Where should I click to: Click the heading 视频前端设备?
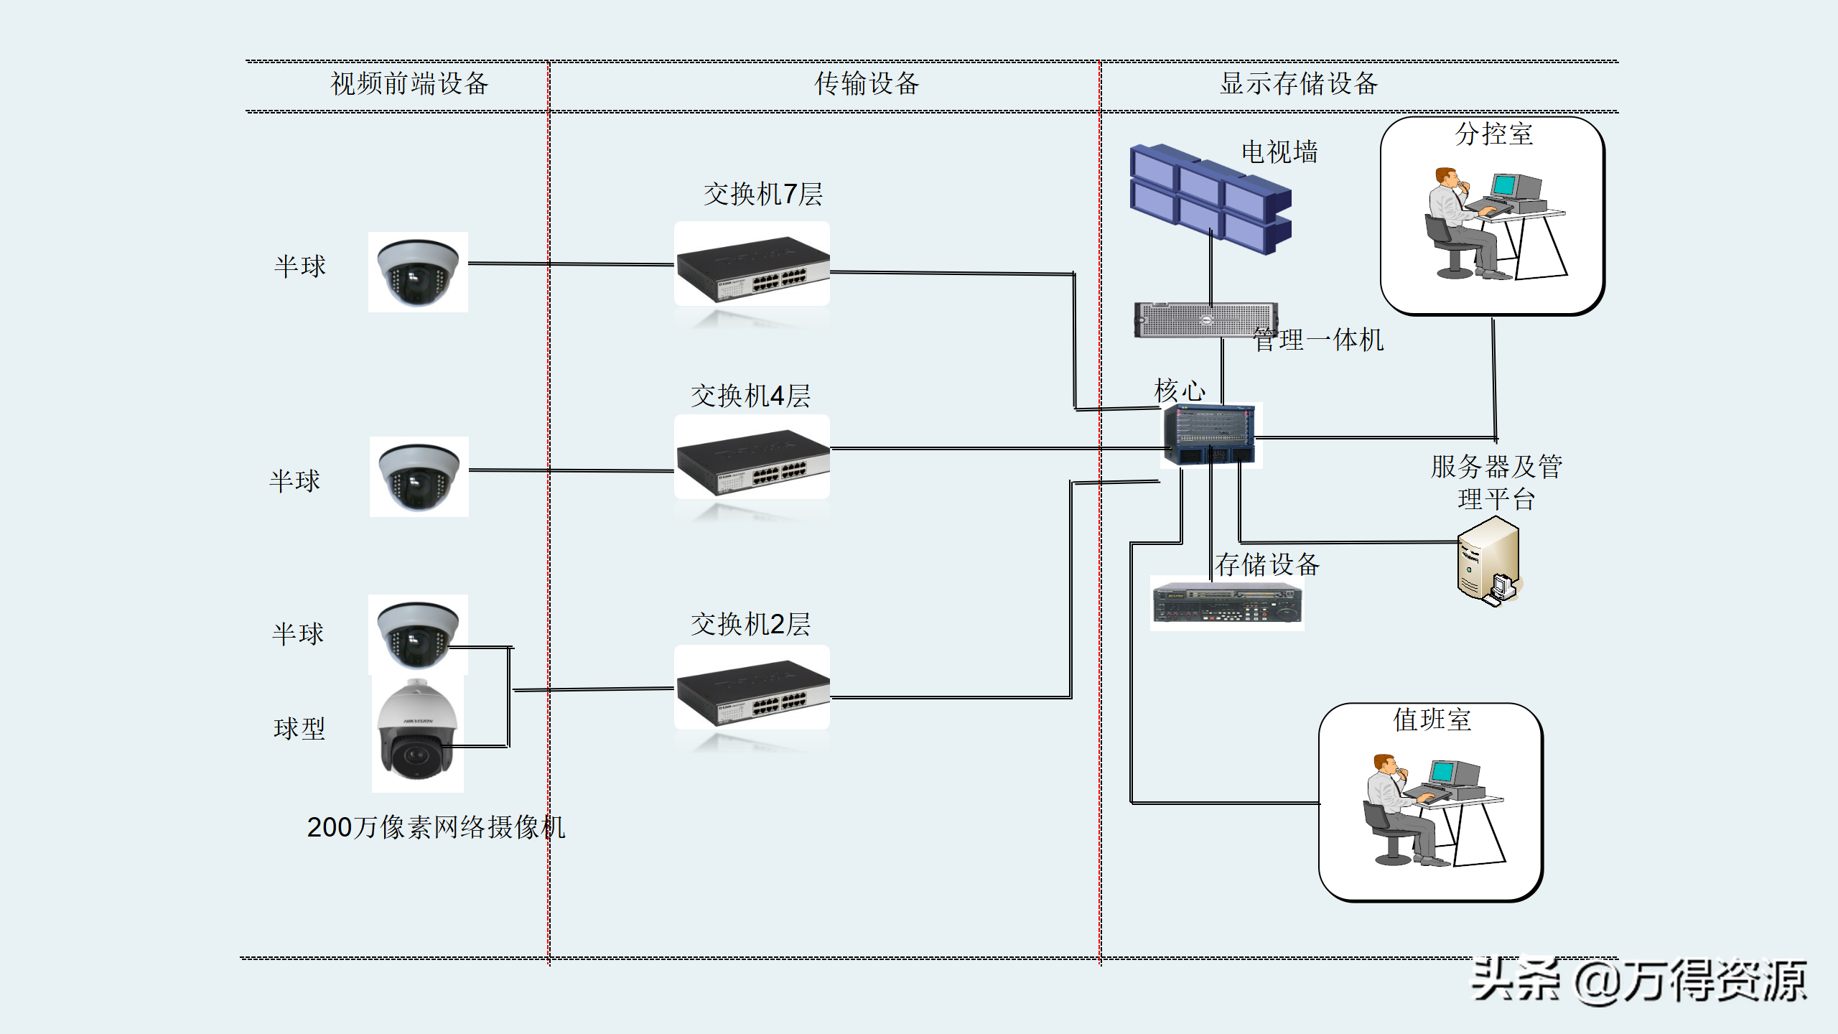[x=409, y=84]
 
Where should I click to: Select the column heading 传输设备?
[x=867, y=84]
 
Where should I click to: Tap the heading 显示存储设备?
[x=1299, y=84]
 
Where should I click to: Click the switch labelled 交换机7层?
[x=752, y=270]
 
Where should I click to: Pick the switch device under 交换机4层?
[x=752, y=463]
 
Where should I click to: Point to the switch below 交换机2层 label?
[x=752, y=694]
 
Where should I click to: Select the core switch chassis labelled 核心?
[x=1210, y=435]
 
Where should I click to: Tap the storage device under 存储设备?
[x=1227, y=604]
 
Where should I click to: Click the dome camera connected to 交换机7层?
[x=418, y=271]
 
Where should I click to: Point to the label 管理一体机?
[x=1318, y=340]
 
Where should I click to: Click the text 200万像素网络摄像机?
[x=436, y=827]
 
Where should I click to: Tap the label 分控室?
[x=1493, y=134]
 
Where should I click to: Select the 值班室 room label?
[x=1432, y=719]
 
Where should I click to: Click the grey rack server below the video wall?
[x=1205, y=320]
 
